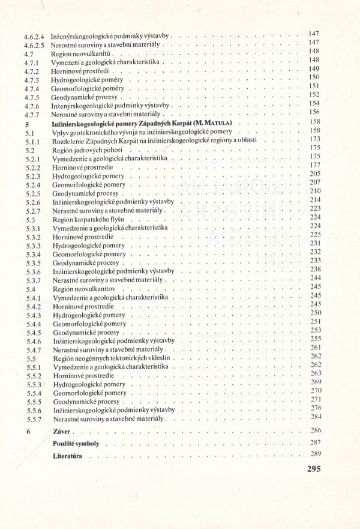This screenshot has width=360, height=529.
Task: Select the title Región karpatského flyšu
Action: (x=88, y=220)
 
